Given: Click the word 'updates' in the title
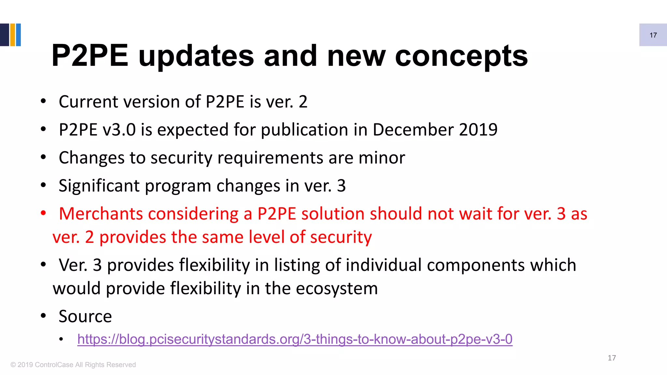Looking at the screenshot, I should click(x=196, y=56).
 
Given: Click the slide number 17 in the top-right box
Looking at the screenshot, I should click(x=653, y=35).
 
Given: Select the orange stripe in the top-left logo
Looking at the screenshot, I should click(x=13, y=35).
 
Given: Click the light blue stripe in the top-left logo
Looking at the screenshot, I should click(x=18, y=35).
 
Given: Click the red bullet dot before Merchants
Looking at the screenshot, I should click(x=43, y=214).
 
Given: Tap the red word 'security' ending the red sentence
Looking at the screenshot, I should click(x=341, y=237).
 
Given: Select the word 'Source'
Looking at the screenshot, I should click(x=85, y=316).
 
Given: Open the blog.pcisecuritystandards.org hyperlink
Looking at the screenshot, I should click(x=295, y=339).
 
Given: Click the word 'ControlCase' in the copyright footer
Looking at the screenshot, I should click(x=54, y=365).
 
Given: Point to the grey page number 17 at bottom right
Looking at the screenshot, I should click(x=612, y=358).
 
